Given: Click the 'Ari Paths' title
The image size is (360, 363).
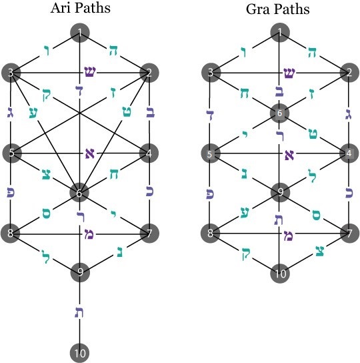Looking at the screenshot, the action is tap(81, 8).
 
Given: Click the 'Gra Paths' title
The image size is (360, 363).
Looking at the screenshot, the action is tap(277, 9).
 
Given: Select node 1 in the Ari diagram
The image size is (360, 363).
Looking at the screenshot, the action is tap(80, 33).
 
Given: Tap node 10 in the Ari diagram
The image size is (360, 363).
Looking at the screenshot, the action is tap(80, 353).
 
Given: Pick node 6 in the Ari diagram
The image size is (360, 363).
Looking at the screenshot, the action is tap(79, 193).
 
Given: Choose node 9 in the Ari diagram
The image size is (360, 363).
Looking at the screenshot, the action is tap(80, 272).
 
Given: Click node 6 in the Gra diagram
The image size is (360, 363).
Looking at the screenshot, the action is tap(280, 113).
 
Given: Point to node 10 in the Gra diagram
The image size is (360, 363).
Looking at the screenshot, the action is tap(280, 274).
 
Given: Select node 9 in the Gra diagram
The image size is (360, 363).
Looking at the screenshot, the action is tap(280, 192).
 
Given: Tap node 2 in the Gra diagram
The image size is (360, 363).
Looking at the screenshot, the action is tap(349, 73).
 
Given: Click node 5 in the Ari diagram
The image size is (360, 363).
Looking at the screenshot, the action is tap(12, 153).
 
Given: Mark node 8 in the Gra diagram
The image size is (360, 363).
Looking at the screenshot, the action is tap(210, 233).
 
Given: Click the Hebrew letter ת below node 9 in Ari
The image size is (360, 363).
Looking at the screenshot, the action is tap(79, 312).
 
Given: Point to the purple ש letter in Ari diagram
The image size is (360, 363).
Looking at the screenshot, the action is tap(90, 72).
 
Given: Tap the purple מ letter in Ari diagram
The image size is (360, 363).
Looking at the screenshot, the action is tap(89, 234).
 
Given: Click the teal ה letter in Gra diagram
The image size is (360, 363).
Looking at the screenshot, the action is tap(313, 52).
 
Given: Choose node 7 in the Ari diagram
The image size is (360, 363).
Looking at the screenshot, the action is tap(149, 233).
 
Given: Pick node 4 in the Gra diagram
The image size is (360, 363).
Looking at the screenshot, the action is tap(349, 153).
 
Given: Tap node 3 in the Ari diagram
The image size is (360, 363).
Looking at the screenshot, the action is tap(11, 73).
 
